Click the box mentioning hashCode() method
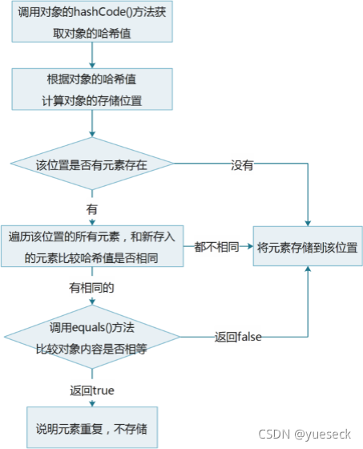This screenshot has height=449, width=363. click(92, 22)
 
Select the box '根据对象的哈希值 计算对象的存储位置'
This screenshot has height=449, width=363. click(92, 89)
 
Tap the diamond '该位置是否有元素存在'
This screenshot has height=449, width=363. click(92, 164)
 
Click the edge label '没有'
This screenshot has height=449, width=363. click(242, 165)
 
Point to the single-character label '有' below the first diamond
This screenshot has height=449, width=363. click(92, 209)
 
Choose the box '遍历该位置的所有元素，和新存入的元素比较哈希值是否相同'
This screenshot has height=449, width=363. click(92, 246)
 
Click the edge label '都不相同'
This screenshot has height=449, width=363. click(216, 247)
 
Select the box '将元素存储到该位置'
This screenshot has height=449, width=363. click(308, 246)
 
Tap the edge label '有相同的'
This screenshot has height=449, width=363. click(91, 288)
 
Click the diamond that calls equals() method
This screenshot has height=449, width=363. click(92, 337)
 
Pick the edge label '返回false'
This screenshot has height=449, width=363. click(238, 337)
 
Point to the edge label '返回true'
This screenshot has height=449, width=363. click(92, 390)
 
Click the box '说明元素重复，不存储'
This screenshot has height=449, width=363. click(92, 427)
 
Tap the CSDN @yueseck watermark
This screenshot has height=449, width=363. click(305, 434)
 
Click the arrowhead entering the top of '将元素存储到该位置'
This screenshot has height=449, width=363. click(308, 224)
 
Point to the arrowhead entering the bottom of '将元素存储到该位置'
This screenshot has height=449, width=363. click(308, 269)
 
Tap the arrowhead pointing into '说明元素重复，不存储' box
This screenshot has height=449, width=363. click(92, 404)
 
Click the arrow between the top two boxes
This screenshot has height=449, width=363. click(92, 55)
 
